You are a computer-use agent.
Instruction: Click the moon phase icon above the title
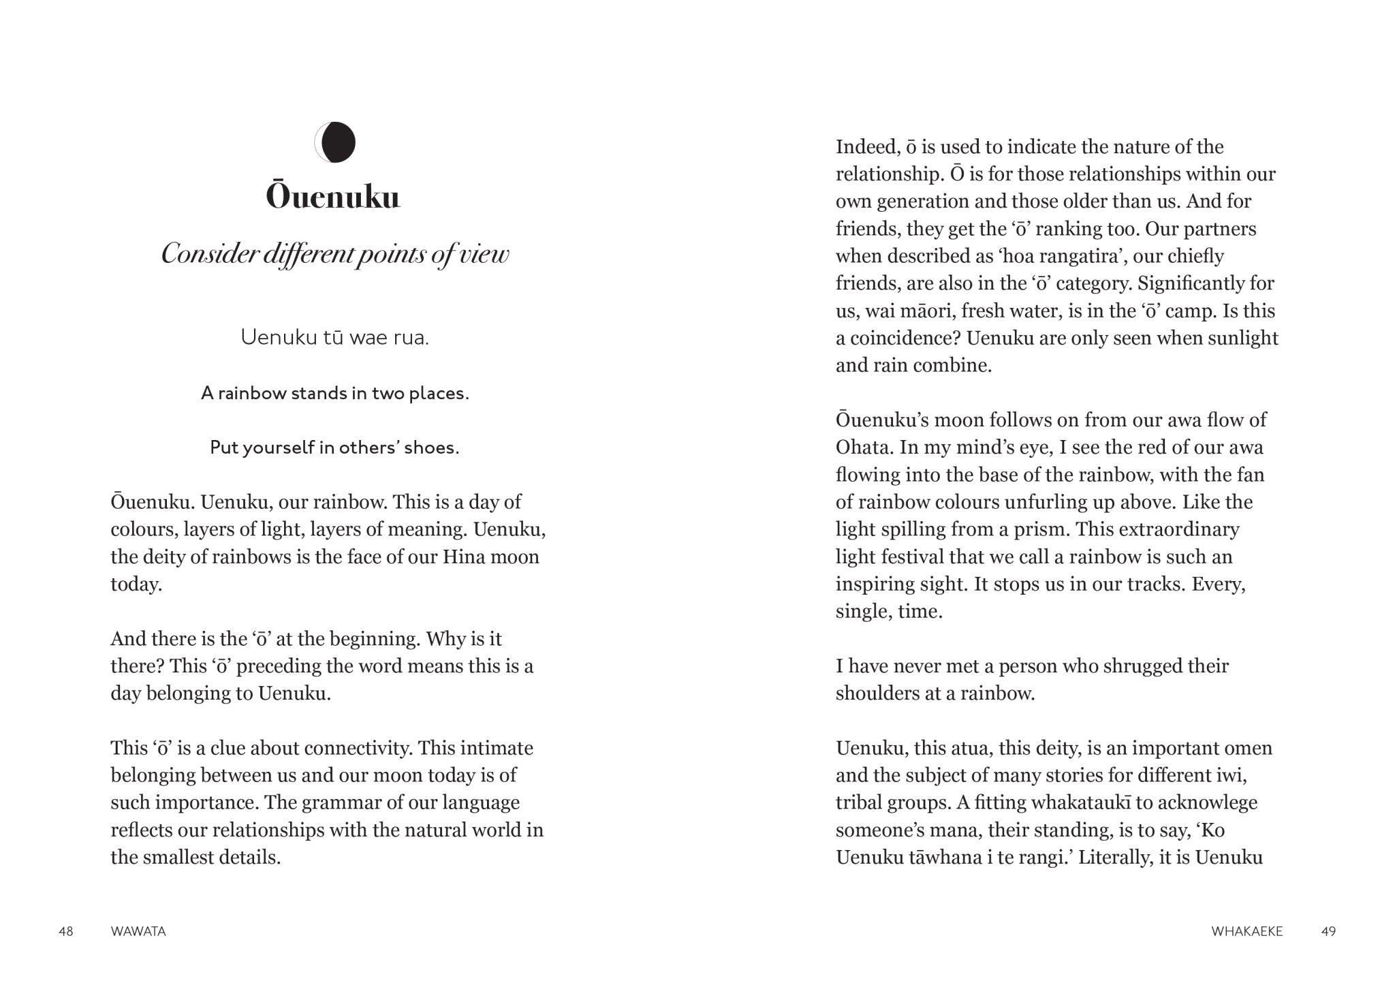(x=335, y=142)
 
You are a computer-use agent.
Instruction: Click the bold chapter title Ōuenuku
(x=332, y=197)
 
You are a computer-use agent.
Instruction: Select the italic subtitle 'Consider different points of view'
(x=334, y=254)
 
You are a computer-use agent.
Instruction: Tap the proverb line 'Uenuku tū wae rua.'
(x=334, y=337)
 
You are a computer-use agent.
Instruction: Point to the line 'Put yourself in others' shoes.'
(x=334, y=448)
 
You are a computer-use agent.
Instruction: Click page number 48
(x=66, y=931)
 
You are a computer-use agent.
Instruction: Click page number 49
(x=1328, y=931)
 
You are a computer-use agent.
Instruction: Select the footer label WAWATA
(x=138, y=931)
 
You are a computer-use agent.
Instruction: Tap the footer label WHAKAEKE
(x=1247, y=931)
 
